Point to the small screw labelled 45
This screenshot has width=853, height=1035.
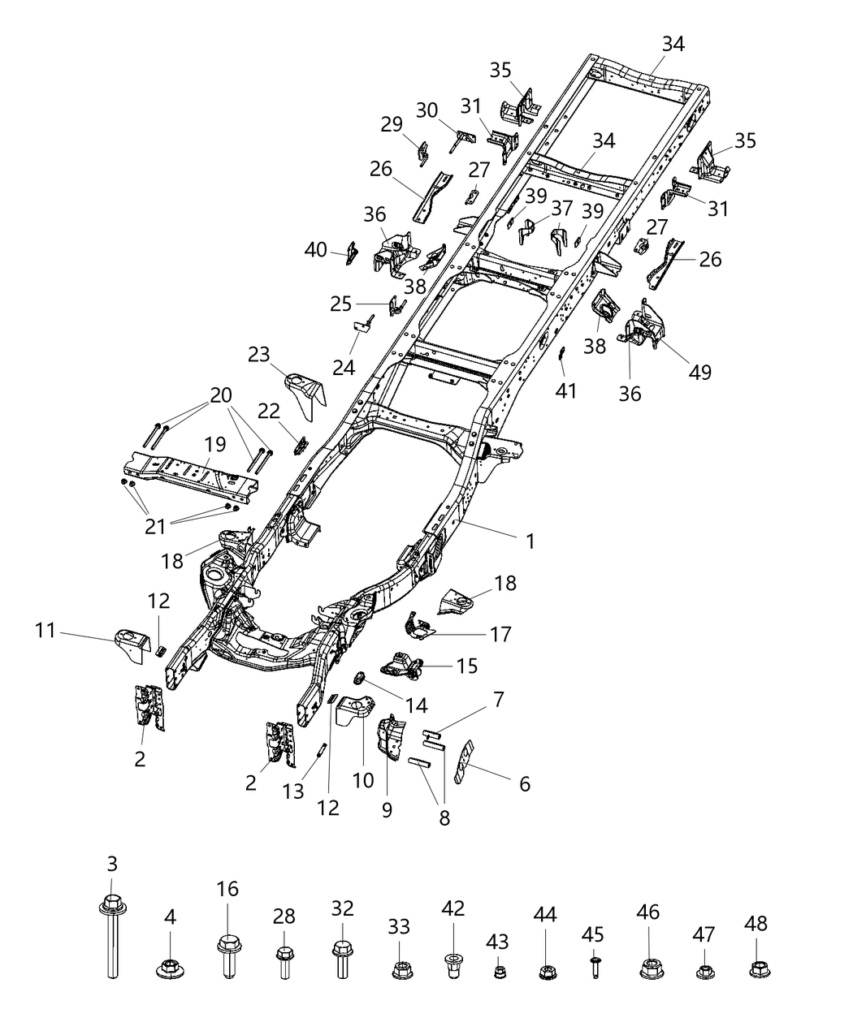(594, 966)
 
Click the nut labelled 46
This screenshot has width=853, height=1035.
(649, 967)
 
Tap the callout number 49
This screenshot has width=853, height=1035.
(699, 372)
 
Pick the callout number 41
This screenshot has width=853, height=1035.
(566, 390)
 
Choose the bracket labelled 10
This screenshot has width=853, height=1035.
(355, 713)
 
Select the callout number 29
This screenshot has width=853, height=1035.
(392, 124)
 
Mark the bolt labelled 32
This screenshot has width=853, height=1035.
(342, 955)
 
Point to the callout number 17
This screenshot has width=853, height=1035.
(501, 634)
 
